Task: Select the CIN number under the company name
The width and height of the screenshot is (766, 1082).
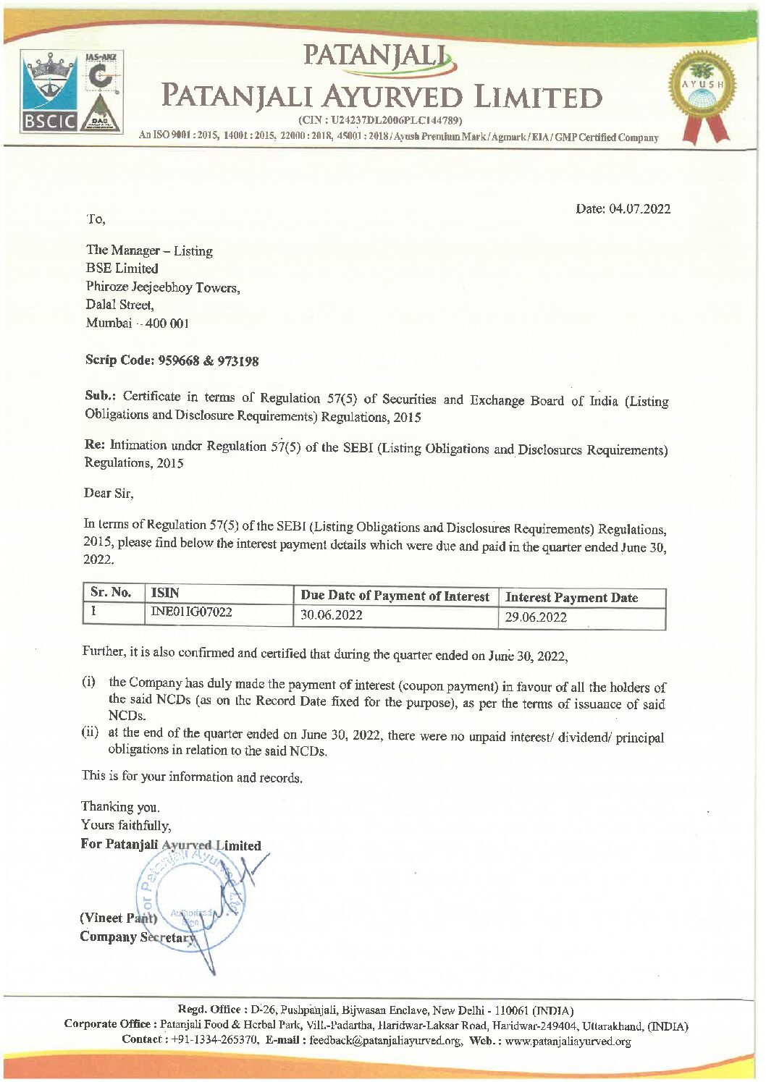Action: [380, 120]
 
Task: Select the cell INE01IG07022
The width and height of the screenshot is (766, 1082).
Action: [191, 612]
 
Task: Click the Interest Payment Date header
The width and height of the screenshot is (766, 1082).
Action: [572, 598]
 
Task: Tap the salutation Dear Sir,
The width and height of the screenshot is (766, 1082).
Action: [109, 494]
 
